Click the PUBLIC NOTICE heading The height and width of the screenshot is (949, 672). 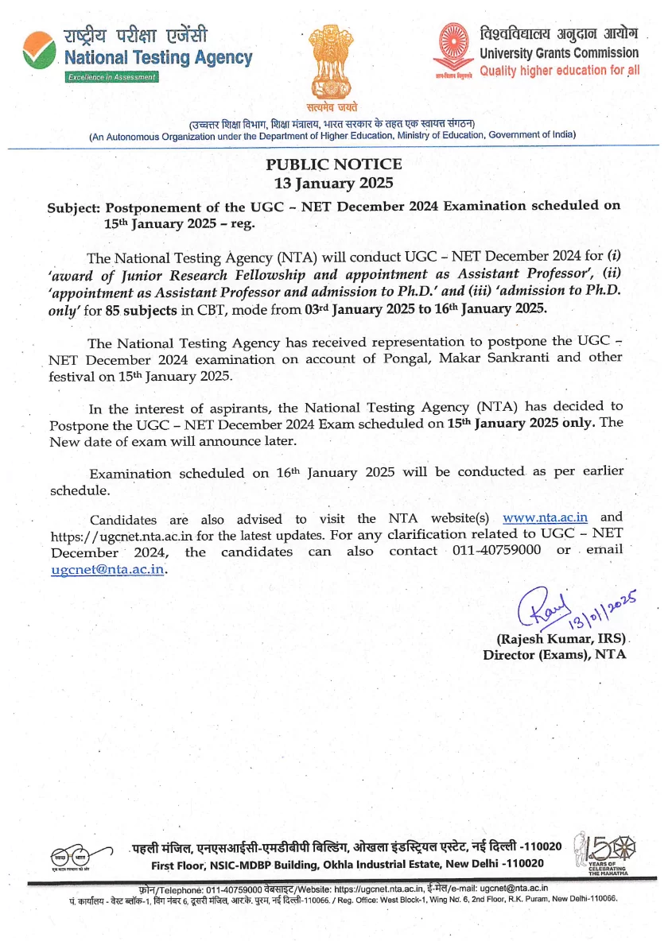(x=333, y=165)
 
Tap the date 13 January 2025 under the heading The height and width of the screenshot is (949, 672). (x=333, y=182)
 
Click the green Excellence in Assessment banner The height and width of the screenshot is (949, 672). (x=111, y=77)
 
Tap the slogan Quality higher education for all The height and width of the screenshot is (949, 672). (x=559, y=70)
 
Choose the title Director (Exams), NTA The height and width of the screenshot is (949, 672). (x=554, y=655)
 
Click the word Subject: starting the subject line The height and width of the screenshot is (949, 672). (x=73, y=207)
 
